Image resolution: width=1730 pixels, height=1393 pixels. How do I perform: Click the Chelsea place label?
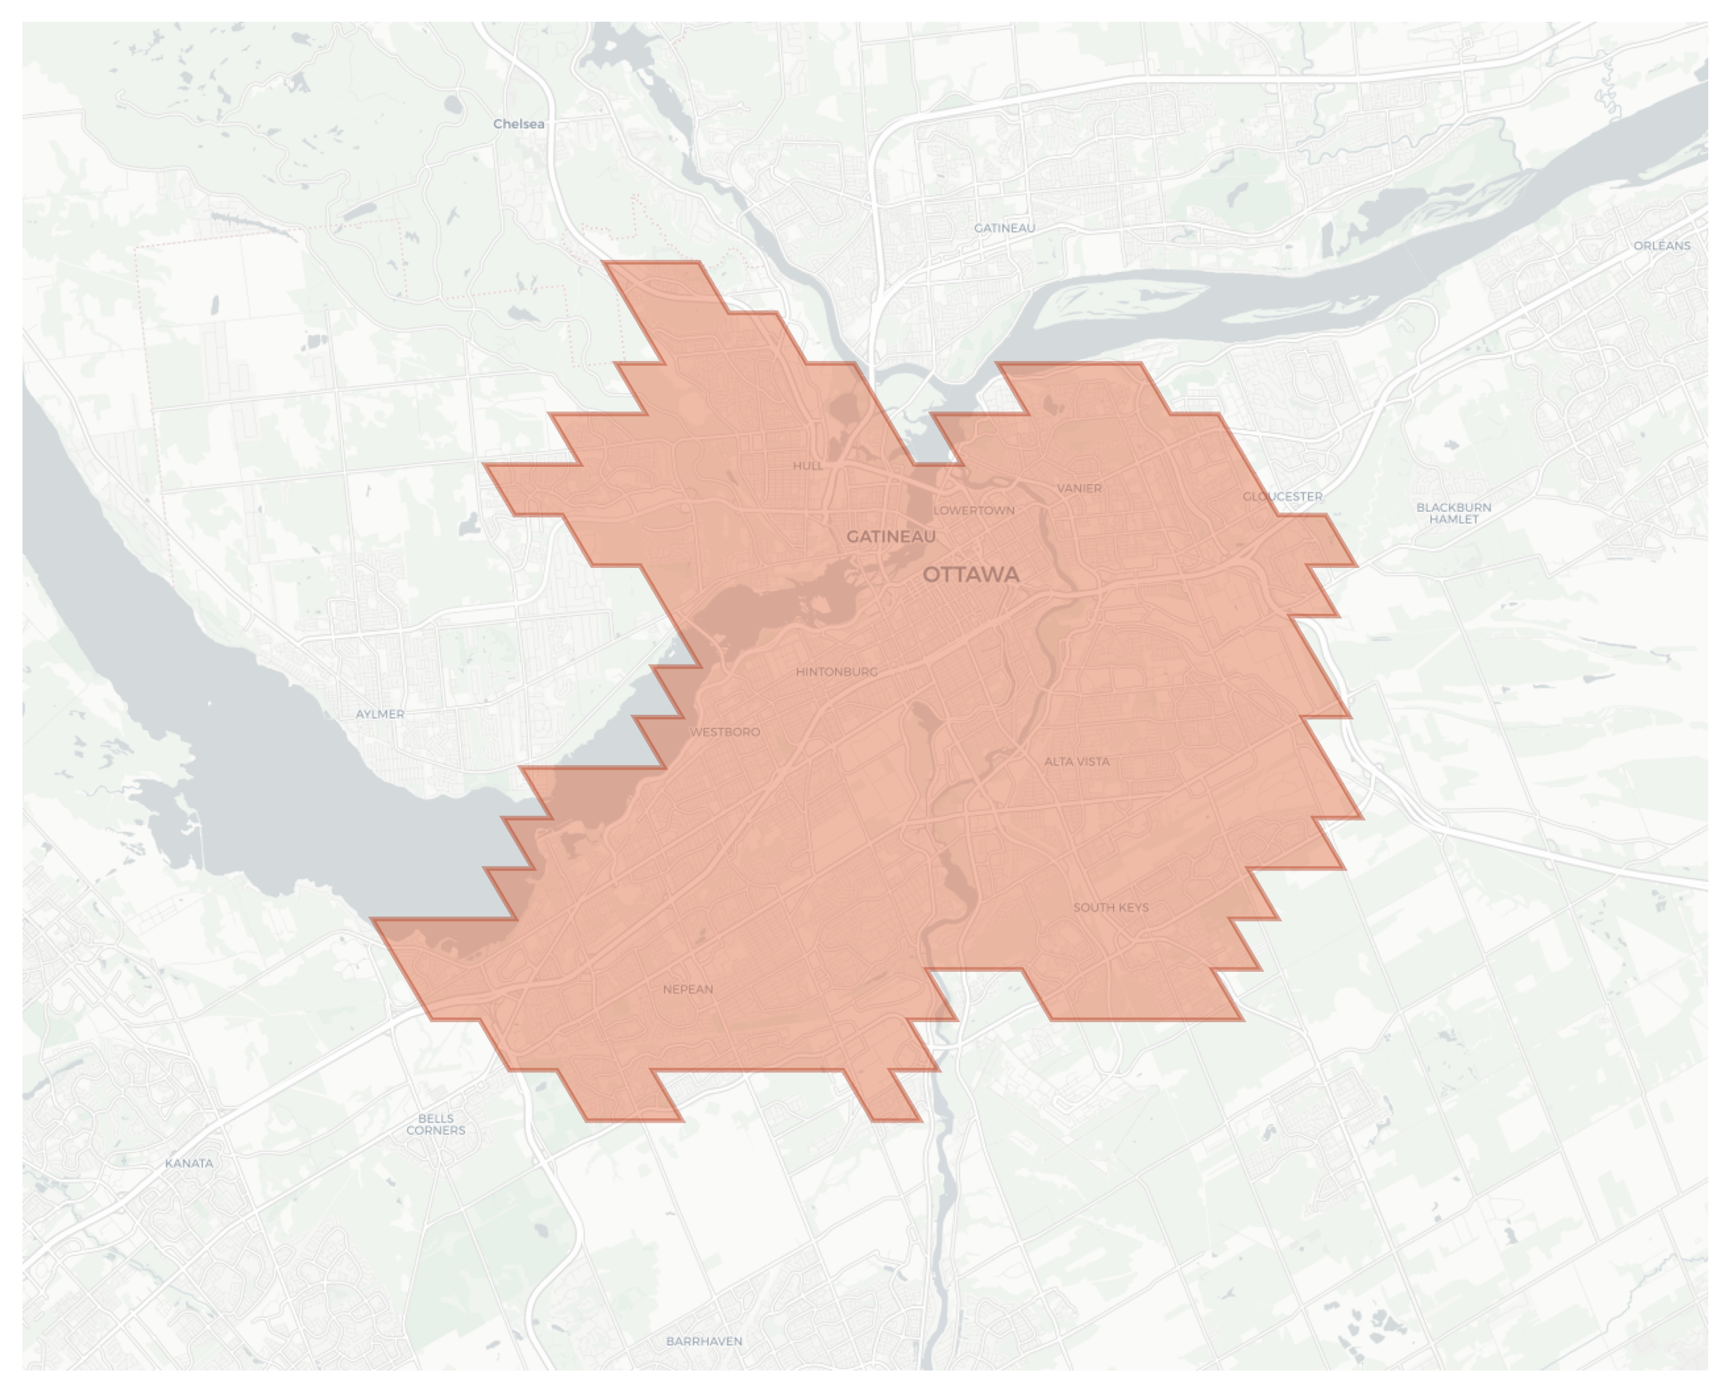(x=518, y=124)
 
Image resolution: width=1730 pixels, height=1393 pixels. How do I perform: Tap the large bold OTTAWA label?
(x=971, y=575)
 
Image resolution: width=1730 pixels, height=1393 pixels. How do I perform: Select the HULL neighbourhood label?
(x=807, y=465)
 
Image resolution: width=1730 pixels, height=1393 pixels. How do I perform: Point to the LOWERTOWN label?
(x=973, y=510)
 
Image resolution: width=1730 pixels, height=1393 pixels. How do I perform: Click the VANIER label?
(x=1079, y=488)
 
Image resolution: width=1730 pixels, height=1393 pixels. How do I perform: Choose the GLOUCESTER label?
(x=1282, y=497)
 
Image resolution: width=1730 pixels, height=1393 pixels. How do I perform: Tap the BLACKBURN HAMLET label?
(x=1454, y=513)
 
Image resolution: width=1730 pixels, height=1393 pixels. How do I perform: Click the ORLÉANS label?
(x=1662, y=246)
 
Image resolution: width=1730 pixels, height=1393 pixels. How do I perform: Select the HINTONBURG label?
(x=836, y=671)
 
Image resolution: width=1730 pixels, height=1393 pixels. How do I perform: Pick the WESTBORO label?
(x=725, y=732)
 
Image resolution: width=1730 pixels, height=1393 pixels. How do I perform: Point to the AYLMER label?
(x=380, y=714)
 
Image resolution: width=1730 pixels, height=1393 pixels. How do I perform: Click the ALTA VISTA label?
(x=1077, y=761)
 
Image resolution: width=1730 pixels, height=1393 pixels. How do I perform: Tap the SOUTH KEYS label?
(x=1110, y=907)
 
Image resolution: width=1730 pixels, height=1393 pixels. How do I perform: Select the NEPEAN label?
(x=688, y=989)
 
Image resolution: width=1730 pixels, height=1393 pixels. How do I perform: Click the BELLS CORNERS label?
(x=436, y=1124)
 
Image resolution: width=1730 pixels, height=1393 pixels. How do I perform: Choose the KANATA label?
(x=190, y=1164)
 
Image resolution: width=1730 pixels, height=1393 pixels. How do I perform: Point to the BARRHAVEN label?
(x=704, y=1341)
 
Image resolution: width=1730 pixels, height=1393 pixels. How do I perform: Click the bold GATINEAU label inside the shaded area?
(x=891, y=537)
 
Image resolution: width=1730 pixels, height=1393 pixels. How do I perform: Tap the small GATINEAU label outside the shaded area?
(x=1004, y=228)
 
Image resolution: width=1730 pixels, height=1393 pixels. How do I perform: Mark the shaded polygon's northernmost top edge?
(x=651, y=262)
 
